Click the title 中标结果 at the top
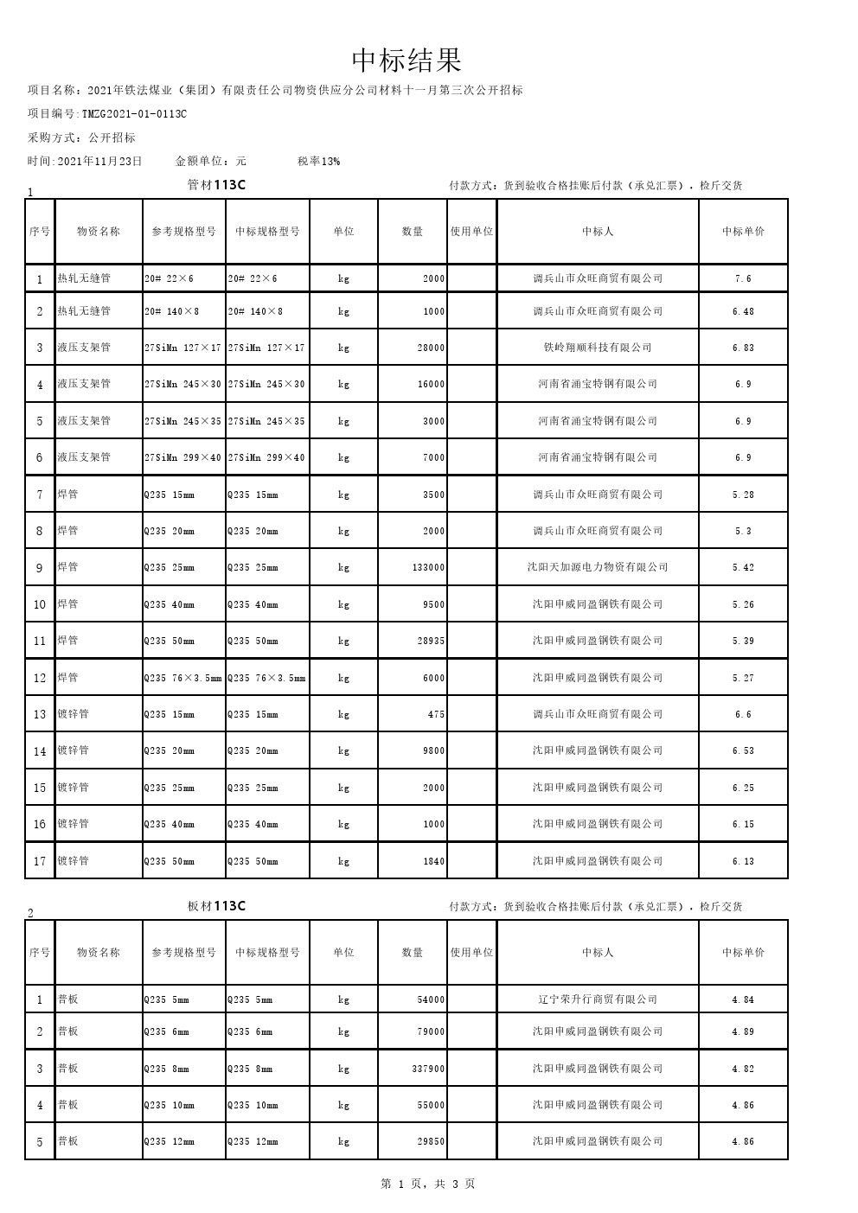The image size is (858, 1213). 407,61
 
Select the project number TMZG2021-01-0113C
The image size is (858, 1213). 134,113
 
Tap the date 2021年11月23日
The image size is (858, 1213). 99,161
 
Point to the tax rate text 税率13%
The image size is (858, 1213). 318,161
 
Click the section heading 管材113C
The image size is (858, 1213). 216,185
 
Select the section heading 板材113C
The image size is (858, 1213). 216,906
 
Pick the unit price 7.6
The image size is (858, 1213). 743,278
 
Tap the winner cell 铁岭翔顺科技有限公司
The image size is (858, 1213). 598,348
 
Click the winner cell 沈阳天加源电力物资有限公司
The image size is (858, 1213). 598,567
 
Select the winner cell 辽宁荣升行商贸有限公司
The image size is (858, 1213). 598,999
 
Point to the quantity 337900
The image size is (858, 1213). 428,1069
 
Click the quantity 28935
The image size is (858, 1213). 430,642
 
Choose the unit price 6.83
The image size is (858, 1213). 743,348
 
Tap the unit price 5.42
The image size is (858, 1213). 743,568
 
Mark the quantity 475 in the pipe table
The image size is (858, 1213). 436,715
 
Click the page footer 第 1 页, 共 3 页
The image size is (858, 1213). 428,1184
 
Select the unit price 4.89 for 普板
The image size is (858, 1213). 743,1032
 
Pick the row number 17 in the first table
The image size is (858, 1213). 40,861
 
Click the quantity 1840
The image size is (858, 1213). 434,861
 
